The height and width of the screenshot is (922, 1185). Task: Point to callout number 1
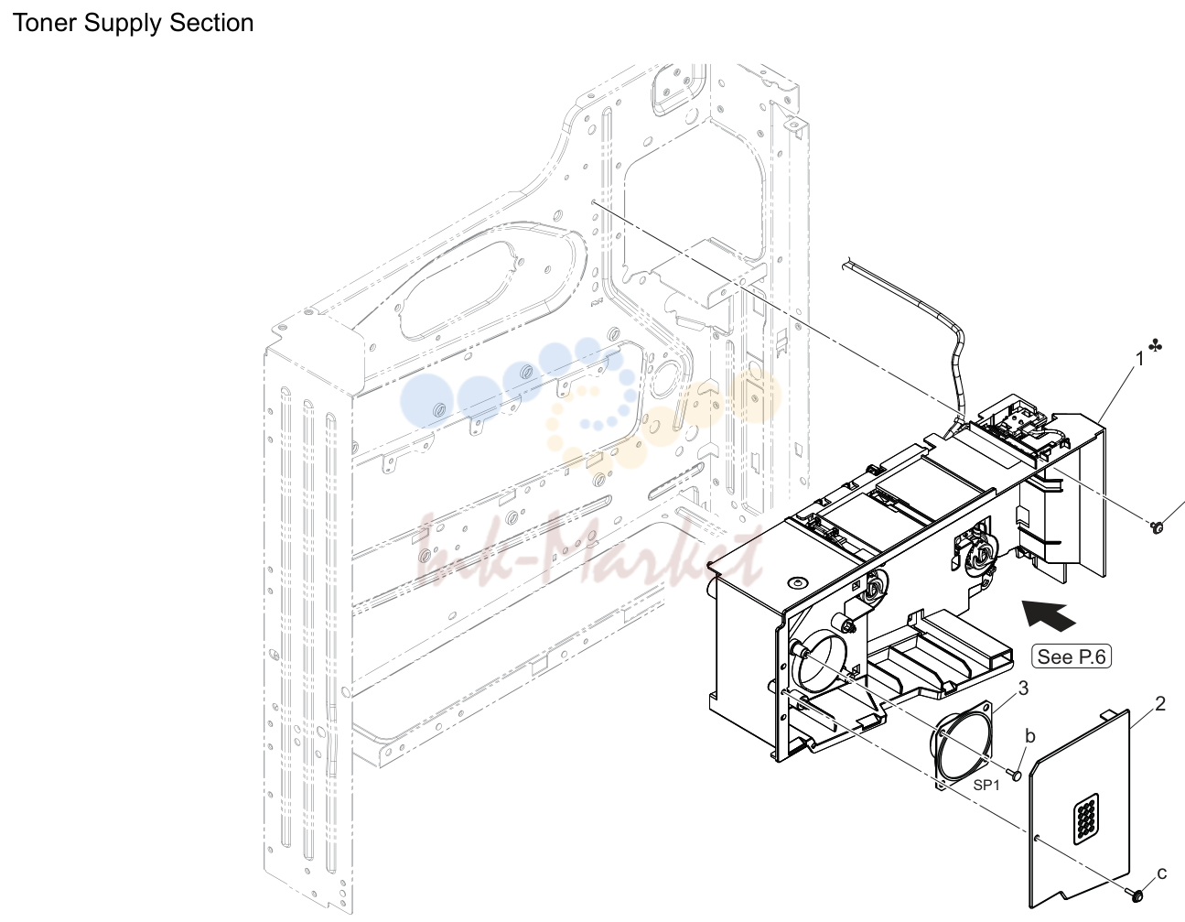point(1139,359)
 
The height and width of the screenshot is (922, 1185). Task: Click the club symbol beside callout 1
point(1155,345)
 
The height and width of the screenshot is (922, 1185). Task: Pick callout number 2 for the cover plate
point(1160,704)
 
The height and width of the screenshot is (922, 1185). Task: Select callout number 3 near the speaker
point(1023,689)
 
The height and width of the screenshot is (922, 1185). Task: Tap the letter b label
point(1030,736)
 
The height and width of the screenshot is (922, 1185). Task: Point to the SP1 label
point(986,785)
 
